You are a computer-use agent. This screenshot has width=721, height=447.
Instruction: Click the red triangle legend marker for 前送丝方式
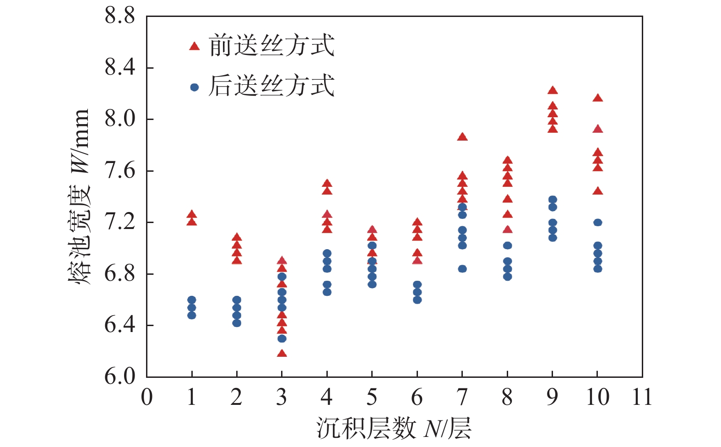(x=195, y=46)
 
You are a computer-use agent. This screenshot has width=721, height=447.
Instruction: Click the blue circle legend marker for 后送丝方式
(x=195, y=87)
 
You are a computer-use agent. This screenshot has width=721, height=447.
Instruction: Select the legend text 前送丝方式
(x=272, y=46)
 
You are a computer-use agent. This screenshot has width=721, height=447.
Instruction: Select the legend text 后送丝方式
(x=272, y=86)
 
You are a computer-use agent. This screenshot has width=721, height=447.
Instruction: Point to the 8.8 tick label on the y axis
(x=120, y=16)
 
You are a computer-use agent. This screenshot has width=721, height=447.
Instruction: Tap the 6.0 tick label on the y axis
(x=120, y=376)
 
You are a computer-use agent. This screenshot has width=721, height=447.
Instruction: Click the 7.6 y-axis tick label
(x=120, y=171)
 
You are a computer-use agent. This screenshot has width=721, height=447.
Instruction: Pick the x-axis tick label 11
(x=642, y=397)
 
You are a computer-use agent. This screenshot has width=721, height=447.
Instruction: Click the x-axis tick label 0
(x=146, y=397)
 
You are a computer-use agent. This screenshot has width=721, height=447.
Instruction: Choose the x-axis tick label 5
(x=372, y=397)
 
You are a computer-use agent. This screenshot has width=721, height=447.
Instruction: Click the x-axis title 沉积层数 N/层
(x=394, y=429)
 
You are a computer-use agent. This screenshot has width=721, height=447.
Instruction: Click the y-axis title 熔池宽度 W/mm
(x=79, y=197)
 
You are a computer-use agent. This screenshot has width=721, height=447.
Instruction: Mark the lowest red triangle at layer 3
(x=282, y=353)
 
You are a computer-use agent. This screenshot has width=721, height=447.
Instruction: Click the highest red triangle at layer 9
(x=553, y=90)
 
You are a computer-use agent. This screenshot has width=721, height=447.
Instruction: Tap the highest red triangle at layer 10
(x=597, y=98)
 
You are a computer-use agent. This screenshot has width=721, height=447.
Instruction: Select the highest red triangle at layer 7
(x=462, y=136)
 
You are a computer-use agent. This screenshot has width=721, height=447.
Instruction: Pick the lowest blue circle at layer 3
(x=282, y=338)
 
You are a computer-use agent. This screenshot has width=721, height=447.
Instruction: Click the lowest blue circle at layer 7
(x=462, y=269)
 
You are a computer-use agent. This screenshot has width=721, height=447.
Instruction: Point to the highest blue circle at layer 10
(x=597, y=223)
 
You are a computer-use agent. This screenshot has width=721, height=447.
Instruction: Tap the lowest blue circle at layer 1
(x=192, y=315)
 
